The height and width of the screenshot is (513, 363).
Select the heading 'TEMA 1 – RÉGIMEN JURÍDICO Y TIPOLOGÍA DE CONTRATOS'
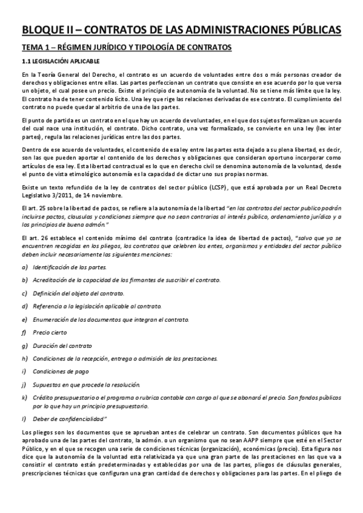(x=126, y=48)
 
